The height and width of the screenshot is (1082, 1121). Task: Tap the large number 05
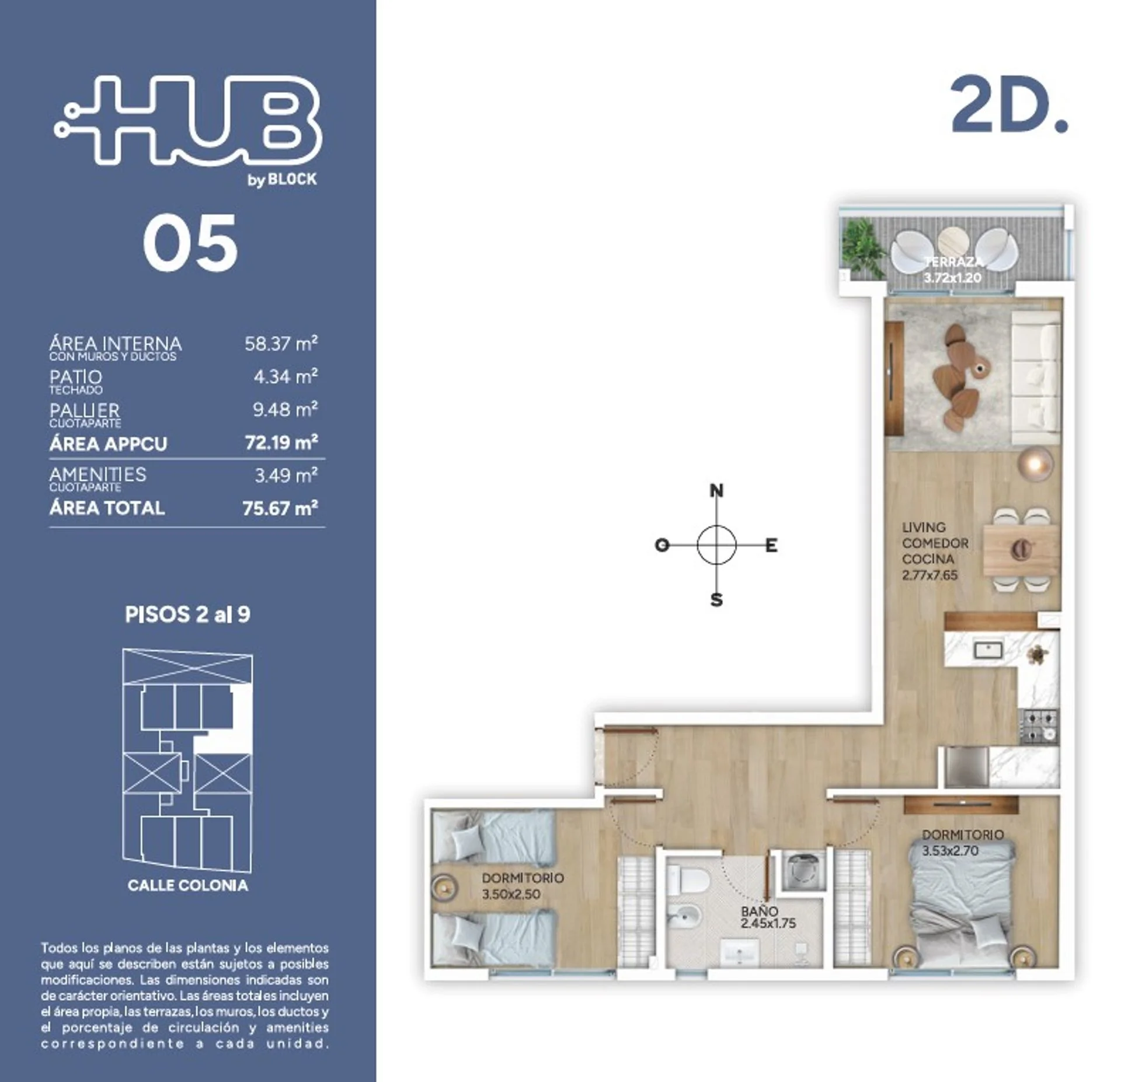[190, 243]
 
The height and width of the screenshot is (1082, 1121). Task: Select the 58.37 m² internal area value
[281, 343]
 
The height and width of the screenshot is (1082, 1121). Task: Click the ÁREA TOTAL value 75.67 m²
[280, 508]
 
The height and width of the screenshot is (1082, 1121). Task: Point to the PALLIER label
[85, 410]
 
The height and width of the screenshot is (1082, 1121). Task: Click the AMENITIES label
[98, 474]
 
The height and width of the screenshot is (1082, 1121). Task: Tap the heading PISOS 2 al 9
[187, 615]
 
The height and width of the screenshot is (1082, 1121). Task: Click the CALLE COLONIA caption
[187, 885]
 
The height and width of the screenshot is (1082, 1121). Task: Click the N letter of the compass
[716, 491]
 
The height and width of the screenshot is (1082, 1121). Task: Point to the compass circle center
[716, 545]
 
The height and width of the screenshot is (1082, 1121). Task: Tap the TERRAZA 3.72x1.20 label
[952, 270]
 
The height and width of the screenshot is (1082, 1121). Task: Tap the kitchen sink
[988, 650]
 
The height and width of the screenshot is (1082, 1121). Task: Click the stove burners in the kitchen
[1039, 726]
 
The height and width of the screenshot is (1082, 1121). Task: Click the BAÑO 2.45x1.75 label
[768, 917]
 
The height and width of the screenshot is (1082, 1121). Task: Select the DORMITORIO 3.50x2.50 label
[523, 886]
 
